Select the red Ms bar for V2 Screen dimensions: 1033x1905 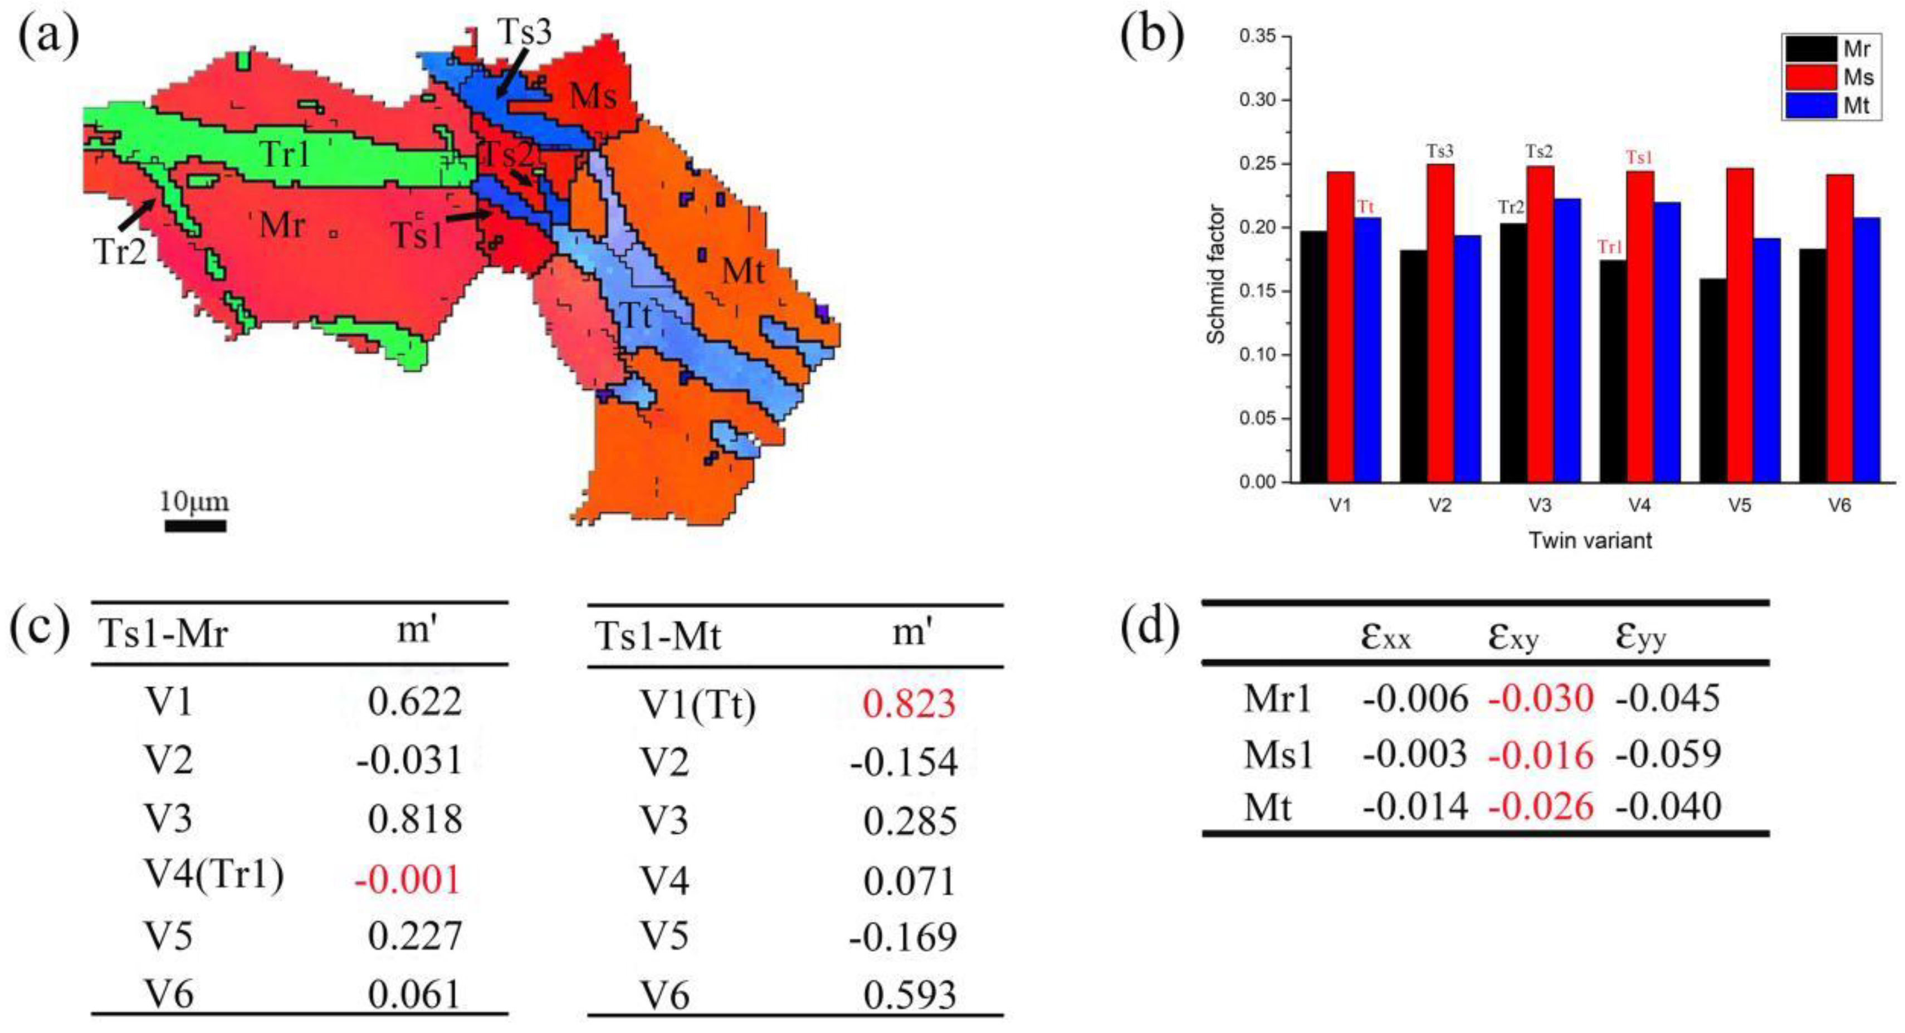(x=1440, y=323)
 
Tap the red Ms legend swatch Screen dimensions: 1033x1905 (x=1811, y=77)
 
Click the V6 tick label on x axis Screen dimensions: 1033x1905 (x=1839, y=506)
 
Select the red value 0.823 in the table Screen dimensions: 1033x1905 (x=909, y=703)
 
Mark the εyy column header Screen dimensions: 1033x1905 (x=1641, y=637)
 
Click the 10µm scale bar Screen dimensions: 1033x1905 (x=195, y=526)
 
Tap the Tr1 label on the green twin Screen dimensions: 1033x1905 (x=285, y=155)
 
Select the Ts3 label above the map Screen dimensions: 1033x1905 (x=524, y=32)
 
